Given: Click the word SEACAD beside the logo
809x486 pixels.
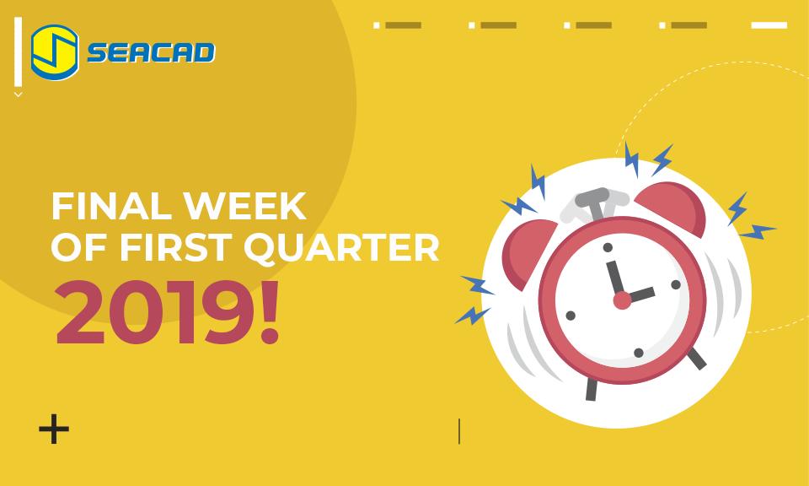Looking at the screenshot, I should tap(152, 53).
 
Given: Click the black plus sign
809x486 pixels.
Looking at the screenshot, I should tap(54, 429).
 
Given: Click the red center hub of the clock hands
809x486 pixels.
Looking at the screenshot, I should tap(622, 299).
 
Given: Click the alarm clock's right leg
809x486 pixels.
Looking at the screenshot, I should tap(696, 359).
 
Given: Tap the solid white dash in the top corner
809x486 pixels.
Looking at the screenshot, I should tap(768, 25).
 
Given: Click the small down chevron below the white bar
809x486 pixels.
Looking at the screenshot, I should tap(18, 94).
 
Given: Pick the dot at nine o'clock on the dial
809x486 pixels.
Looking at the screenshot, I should tap(571, 316).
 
